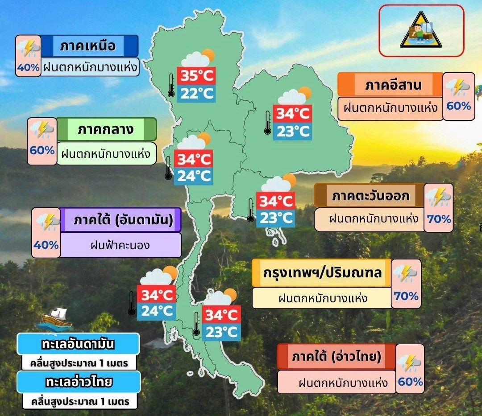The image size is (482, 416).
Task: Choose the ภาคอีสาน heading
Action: pos(393,85)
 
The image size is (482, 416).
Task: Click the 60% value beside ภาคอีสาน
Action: pos(458,106)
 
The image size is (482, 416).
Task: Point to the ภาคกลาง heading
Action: pos(106,130)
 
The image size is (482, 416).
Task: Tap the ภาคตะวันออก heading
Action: pos(370,195)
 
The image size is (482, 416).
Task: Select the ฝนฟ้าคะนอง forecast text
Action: pos(120,245)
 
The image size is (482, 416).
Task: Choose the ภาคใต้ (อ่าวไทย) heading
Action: pos(337,356)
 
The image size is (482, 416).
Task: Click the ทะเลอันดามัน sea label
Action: pos(78,345)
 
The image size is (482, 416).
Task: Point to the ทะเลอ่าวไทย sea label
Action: pos(79,382)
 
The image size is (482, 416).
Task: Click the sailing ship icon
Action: pos(55,318)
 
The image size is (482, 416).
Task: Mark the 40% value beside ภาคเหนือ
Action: pos(29,68)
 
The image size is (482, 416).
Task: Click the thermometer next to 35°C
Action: pos(171,86)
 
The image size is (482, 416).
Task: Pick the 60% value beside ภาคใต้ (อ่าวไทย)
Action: pos(410,382)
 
